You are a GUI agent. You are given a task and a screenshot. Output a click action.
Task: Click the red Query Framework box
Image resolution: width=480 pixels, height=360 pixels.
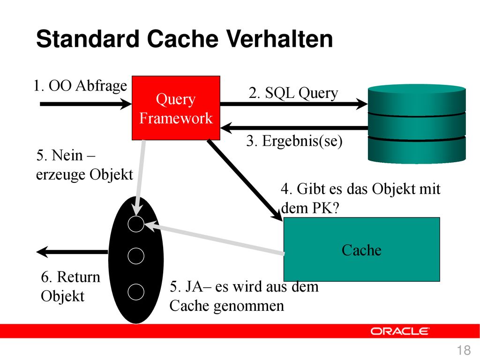[176, 108]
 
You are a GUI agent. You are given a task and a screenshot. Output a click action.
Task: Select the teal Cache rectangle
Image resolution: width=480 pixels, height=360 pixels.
[361, 249]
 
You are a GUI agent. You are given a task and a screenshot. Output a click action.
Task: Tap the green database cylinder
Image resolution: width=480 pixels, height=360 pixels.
[417, 123]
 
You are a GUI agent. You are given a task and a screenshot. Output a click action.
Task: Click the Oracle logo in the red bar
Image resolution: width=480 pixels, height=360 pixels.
[400, 331]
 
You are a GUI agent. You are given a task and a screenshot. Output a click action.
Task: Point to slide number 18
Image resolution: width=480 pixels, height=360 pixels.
[464, 350]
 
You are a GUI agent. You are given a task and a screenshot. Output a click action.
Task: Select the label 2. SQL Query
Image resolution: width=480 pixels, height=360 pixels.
[293, 93]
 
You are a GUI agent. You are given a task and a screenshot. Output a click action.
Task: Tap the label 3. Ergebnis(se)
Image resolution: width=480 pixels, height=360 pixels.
[294, 141]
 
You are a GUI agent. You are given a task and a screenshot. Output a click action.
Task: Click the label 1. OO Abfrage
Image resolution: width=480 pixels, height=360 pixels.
[80, 86]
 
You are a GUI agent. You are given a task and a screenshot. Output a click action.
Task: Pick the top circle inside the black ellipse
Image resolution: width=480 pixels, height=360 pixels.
[136, 224]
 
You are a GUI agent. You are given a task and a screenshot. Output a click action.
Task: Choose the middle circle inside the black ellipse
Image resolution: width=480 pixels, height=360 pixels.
[136, 256]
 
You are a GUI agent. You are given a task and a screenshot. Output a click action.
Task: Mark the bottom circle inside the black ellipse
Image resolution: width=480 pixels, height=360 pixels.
[136, 292]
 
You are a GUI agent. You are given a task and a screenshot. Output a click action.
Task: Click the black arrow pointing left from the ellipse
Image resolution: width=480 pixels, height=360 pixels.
[72, 252]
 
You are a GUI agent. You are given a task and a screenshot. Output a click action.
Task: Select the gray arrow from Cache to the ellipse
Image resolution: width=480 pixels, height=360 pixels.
[214, 239]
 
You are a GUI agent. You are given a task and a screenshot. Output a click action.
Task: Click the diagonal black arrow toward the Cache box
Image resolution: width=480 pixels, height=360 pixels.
[245, 180]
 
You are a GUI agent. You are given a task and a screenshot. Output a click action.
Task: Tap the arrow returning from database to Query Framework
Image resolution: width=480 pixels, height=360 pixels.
[294, 128]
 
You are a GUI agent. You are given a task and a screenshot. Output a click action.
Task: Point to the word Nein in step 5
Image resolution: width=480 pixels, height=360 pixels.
[67, 155]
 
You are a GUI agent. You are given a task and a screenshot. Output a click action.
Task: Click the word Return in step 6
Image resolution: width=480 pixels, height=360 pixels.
[78, 277]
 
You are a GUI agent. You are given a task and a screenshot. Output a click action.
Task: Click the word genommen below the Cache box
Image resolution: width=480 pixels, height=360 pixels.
[249, 306]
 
